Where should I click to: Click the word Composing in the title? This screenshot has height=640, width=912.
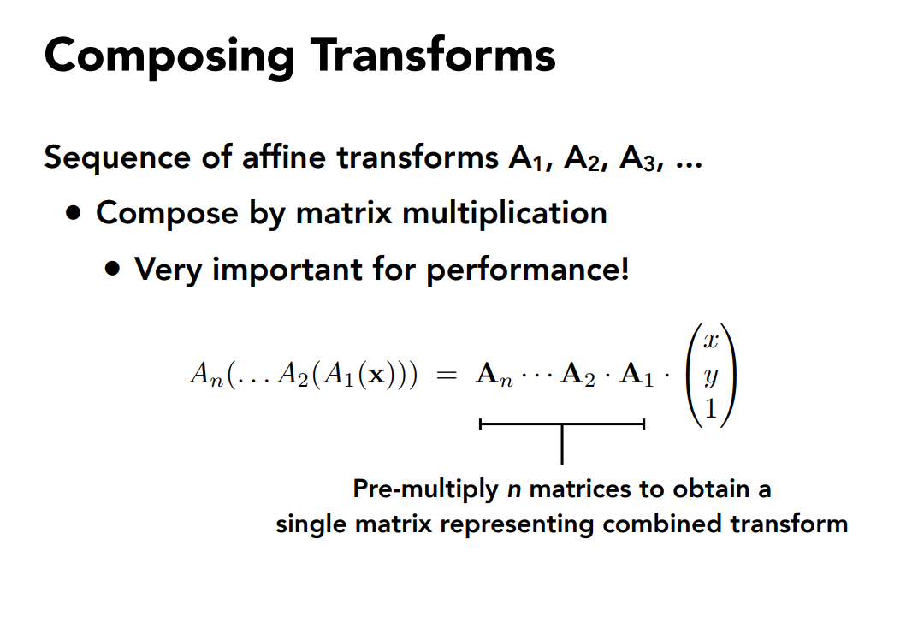point(169,57)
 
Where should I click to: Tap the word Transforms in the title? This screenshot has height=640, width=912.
point(433,55)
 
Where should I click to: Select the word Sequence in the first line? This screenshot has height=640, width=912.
point(117,159)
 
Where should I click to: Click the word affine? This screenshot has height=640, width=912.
point(284,157)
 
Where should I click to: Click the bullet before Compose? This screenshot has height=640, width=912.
point(74,213)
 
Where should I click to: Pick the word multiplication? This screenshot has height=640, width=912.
point(504,212)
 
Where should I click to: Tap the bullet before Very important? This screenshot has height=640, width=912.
point(113,269)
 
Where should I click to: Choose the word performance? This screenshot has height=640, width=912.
point(528,270)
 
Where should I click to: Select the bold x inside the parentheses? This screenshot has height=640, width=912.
point(377,376)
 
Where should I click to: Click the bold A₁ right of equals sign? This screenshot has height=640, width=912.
point(637,375)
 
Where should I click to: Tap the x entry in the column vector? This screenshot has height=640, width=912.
point(711,340)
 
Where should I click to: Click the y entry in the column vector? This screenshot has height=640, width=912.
point(711,377)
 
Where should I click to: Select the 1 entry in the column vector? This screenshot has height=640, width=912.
point(711,409)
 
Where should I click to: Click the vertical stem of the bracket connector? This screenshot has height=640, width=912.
point(562,445)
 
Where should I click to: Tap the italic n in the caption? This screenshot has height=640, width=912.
point(513,490)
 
